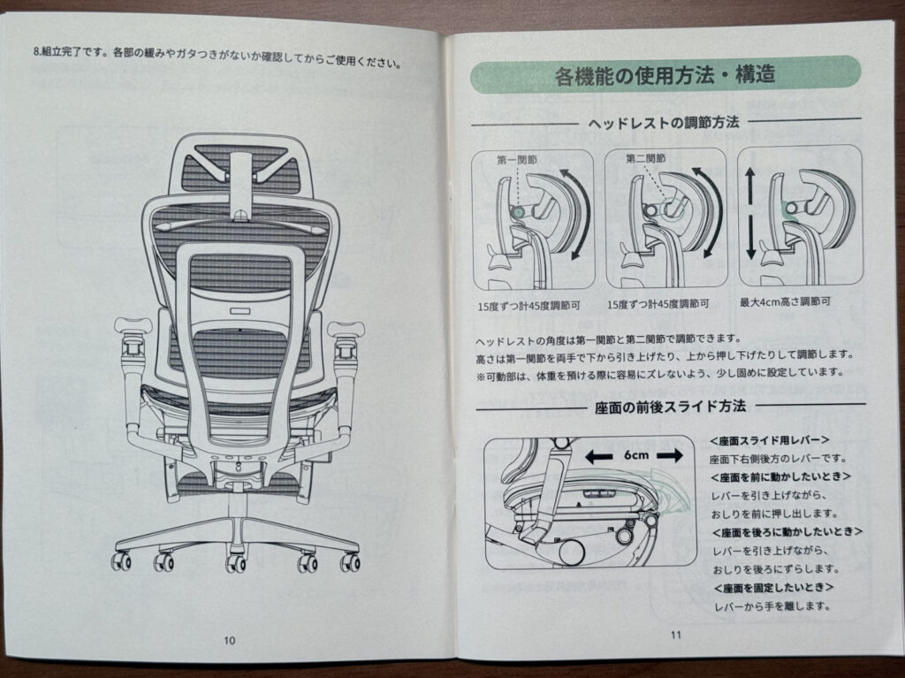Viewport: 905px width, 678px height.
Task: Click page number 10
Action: coord(230,640)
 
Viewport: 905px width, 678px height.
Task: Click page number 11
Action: coord(676,633)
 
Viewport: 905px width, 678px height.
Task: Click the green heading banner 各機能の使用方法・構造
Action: coord(665,75)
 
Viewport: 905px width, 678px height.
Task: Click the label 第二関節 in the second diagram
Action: coord(647,159)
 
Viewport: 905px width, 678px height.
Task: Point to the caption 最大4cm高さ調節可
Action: coord(786,301)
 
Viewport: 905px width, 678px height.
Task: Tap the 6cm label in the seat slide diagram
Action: coord(633,455)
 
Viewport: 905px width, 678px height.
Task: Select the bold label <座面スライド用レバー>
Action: coord(769,440)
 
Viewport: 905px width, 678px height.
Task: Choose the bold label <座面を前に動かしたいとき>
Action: coord(780,476)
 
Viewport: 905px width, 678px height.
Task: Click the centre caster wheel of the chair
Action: coord(236,563)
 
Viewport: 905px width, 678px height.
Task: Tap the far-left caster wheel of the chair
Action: coord(121,560)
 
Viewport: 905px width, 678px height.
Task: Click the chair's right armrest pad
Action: coord(346,328)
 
